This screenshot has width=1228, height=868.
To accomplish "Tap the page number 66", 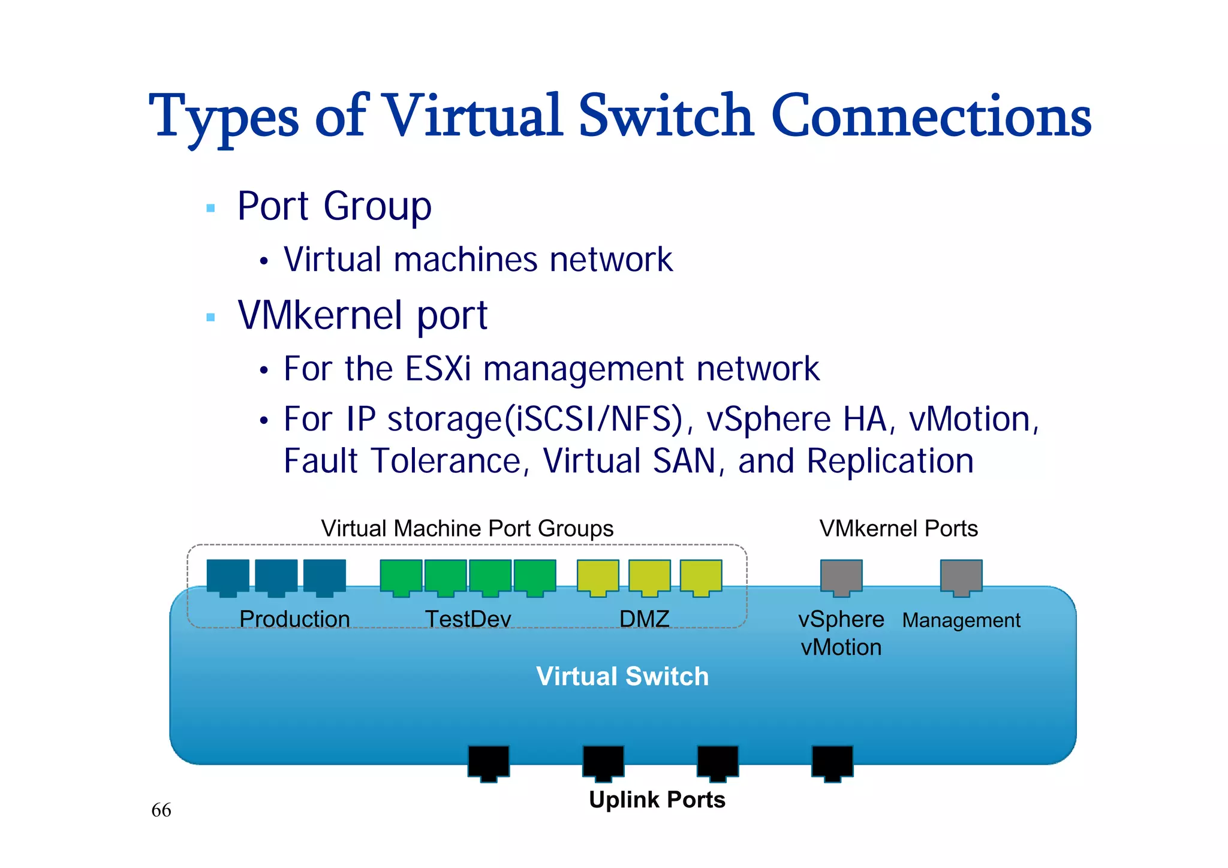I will [x=161, y=810].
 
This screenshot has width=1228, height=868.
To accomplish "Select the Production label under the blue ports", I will [x=294, y=619].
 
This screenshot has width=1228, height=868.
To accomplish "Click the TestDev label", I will [x=468, y=619].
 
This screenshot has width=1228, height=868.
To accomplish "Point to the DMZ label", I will [x=644, y=619].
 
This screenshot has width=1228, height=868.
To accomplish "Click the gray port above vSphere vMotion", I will [x=841, y=577].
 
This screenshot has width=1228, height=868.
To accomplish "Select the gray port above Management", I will [x=961, y=577].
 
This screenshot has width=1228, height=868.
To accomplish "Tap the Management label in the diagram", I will [x=961, y=620].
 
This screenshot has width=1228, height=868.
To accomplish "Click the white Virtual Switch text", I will [x=622, y=676].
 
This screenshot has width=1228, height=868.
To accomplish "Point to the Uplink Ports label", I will [x=657, y=800].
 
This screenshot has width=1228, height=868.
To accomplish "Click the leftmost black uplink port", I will [x=489, y=762].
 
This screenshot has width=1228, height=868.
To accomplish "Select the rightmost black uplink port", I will [x=832, y=762].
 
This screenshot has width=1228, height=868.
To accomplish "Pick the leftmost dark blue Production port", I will [x=228, y=577].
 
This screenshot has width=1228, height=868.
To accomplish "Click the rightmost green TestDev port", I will [x=535, y=577].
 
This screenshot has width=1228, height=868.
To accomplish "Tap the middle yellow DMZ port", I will [x=649, y=577].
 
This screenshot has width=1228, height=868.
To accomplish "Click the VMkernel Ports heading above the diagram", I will [x=898, y=528].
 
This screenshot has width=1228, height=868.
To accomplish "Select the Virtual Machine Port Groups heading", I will [x=467, y=528].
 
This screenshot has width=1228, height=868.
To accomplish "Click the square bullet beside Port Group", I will [x=210, y=208].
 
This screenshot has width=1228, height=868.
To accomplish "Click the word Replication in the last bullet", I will [x=890, y=461].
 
